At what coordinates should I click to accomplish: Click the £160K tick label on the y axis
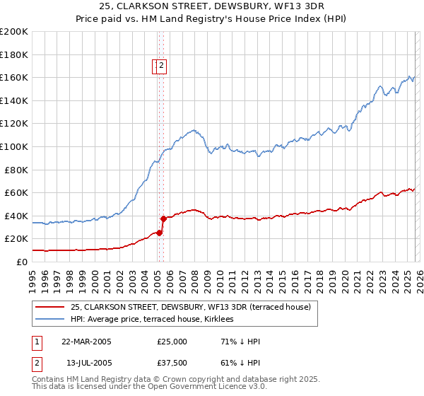pyautogui.click(x=14, y=77)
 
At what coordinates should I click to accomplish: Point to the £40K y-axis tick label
pyautogui.click(x=16, y=216)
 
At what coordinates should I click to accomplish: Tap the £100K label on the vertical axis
pyautogui.click(x=14, y=146)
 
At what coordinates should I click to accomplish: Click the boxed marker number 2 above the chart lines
pyautogui.click(x=161, y=66)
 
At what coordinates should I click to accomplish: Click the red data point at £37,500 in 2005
pyautogui.click(x=163, y=219)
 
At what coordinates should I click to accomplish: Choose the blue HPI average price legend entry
pyautogui.click(x=156, y=319)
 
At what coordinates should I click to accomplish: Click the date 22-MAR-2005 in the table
pyautogui.click(x=86, y=342)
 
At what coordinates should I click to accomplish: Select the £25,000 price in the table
pyautogui.click(x=172, y=342)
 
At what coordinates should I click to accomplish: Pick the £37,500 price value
pyautogui.click(x=172, y=364)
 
